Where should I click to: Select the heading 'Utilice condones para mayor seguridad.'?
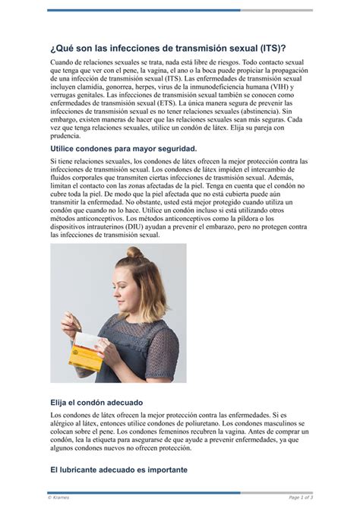[123, 149]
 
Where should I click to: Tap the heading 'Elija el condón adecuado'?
[96, 402]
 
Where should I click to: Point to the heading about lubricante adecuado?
[118, 470]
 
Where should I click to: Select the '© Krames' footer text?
[58, 498]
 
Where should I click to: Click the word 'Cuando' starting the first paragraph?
[64, 62]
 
